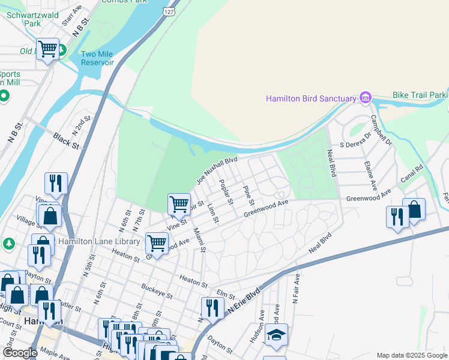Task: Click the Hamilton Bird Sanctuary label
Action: click(311, 98)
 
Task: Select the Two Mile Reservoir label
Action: click(98, 58)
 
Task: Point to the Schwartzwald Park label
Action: click(23, 18)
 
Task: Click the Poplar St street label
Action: click(226, 192)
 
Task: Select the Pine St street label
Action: click(249, 194)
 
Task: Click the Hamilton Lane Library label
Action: click(107, 242)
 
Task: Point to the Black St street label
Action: click(65, 142)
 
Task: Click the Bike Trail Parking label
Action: click(420, 95)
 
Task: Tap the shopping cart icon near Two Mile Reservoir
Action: click(47, 49)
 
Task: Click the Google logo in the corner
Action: click(19, 353)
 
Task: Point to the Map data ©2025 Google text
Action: click(412, 356)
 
